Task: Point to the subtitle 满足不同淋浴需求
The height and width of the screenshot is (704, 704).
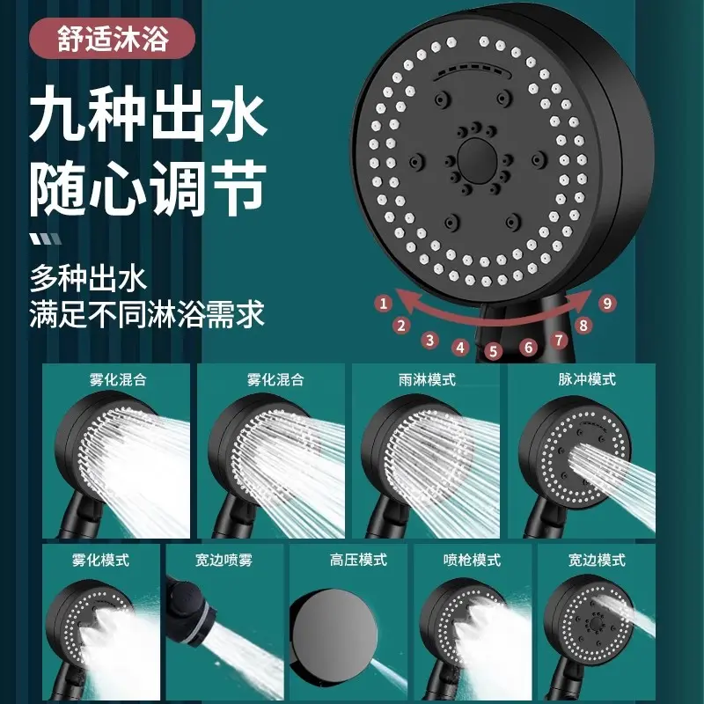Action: point(147,313)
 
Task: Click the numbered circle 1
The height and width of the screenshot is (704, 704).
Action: point(383,304)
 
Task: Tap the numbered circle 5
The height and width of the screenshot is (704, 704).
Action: point(493,351)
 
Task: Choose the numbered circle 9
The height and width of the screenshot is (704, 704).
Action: point(605,303)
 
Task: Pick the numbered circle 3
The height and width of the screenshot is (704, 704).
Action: point(429,340)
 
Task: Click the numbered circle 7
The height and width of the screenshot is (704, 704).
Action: point(559,339)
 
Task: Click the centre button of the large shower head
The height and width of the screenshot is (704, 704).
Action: point(480,158)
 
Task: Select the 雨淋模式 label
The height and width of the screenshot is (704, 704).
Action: point(427,379)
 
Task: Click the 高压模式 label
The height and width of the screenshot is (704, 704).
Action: point(358,560)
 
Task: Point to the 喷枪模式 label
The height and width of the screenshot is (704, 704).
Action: point(472,560)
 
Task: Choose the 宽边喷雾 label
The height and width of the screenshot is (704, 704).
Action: point(224,560)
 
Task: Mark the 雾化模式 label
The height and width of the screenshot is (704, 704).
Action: point(100,560)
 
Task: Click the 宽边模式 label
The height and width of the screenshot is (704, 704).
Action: point(597,560)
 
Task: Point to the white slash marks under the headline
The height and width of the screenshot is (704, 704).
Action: point(45,238)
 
